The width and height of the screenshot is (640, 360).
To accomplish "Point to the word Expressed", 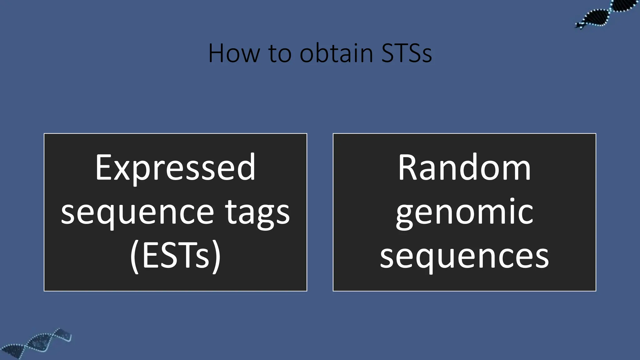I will click(175, 168).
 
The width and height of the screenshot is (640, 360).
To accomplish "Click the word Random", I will click(464, 168).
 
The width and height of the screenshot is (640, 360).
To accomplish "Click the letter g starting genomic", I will click(404, 216).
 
